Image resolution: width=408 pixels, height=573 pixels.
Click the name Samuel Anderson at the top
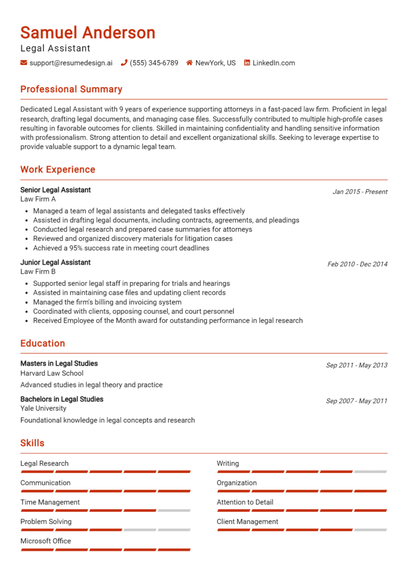[x=88, y=32]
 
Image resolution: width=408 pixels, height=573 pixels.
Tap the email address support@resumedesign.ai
[x=71, y=63]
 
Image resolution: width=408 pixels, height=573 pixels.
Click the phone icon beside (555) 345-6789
[x=124, y=63]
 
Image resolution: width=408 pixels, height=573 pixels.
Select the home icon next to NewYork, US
[x=189, y=63]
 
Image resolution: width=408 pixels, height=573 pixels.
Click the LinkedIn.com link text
[x=273, y=63]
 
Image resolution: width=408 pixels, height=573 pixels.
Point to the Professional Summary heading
[x=71, y=89]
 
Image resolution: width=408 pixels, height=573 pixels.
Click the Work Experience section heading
[x=57, y=170]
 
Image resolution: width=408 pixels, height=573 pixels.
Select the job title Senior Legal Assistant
[x=55, y=190]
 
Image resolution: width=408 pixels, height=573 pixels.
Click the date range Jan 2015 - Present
[x=360, y=191]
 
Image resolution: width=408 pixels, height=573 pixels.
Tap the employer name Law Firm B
[x=38, y=272]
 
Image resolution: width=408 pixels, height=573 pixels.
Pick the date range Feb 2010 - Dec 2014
[x=357, y=264]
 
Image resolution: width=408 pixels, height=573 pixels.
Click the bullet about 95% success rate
[x=121, y=248]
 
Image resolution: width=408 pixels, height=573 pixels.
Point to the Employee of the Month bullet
[x=167, y=321]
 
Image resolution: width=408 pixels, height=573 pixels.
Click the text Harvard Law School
[x=52, y=373]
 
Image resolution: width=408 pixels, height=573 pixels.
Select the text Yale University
[x=43, y=408]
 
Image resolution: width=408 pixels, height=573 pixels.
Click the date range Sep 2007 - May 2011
[x=356, y=401]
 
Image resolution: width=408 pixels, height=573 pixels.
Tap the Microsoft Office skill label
[x=45, y=541]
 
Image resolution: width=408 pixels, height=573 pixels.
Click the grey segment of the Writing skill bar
[x=370, y=471]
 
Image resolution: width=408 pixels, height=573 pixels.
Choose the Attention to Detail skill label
[x=245, y=502]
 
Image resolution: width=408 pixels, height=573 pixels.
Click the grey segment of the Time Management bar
[x=174, y=510]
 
